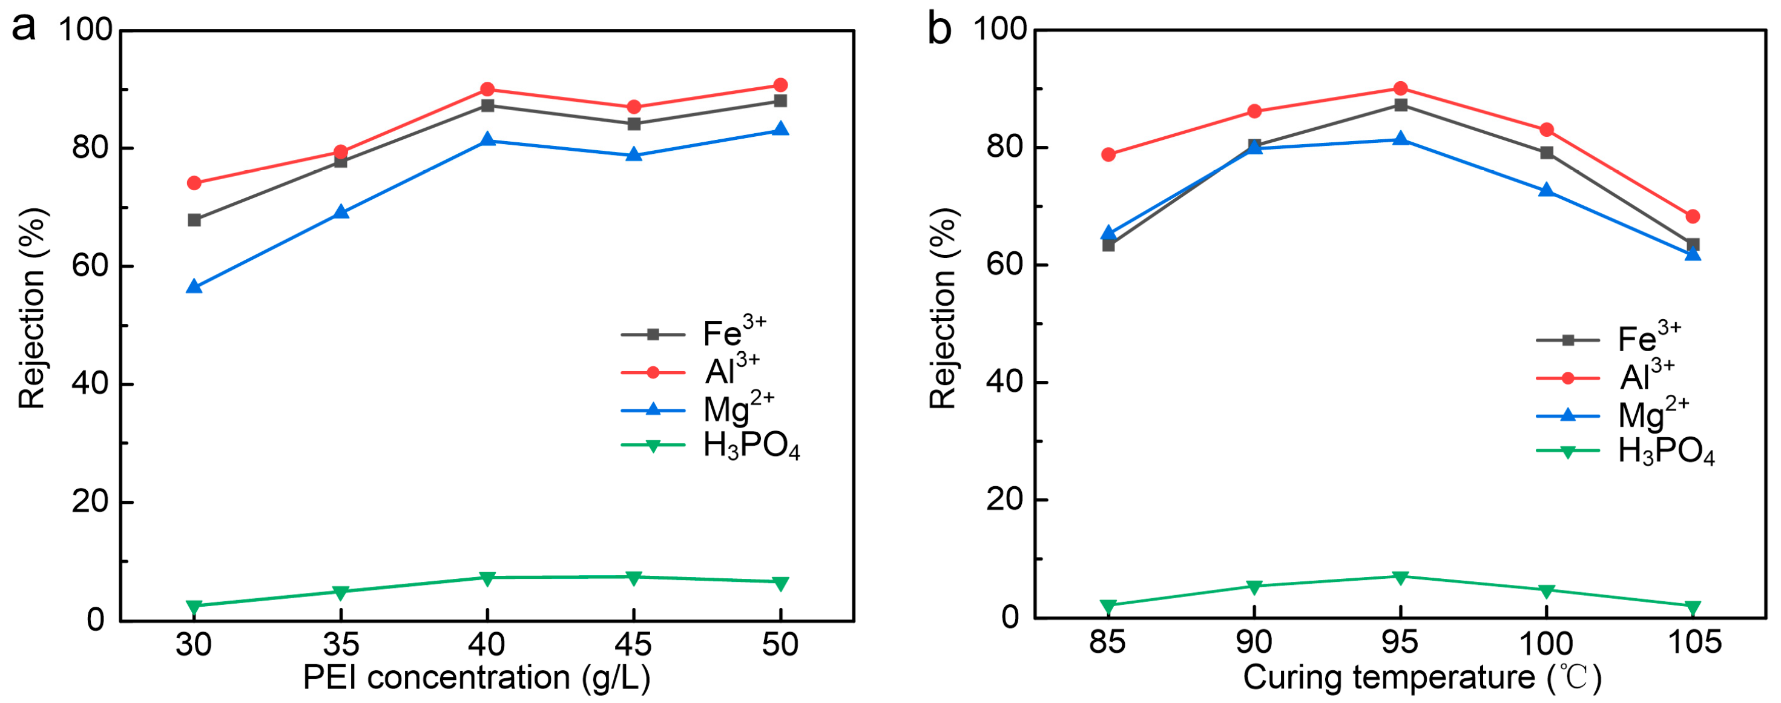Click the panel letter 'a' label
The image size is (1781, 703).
[x=24, y=29]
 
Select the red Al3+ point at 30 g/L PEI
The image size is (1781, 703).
[x=194, y=183]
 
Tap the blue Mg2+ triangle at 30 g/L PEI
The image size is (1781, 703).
[x=194, y=286]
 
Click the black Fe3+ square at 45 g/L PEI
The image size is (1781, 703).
[x=634, y=124]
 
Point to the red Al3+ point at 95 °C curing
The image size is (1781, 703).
[x=1401, y=88]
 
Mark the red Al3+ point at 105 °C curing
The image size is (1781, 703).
[x=1693, y=216]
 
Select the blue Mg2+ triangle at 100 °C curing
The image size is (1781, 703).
[x=1547, y=190]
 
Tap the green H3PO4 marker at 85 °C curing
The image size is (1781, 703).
[x=1109, y=607]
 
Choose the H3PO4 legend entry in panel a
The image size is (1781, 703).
[x=709, y=446]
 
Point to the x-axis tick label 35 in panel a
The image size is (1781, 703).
[x=341, y=645]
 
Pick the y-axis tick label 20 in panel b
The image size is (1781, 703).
[x=1007, y=500]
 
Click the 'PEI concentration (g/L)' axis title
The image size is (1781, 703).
[x=477, y=679]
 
